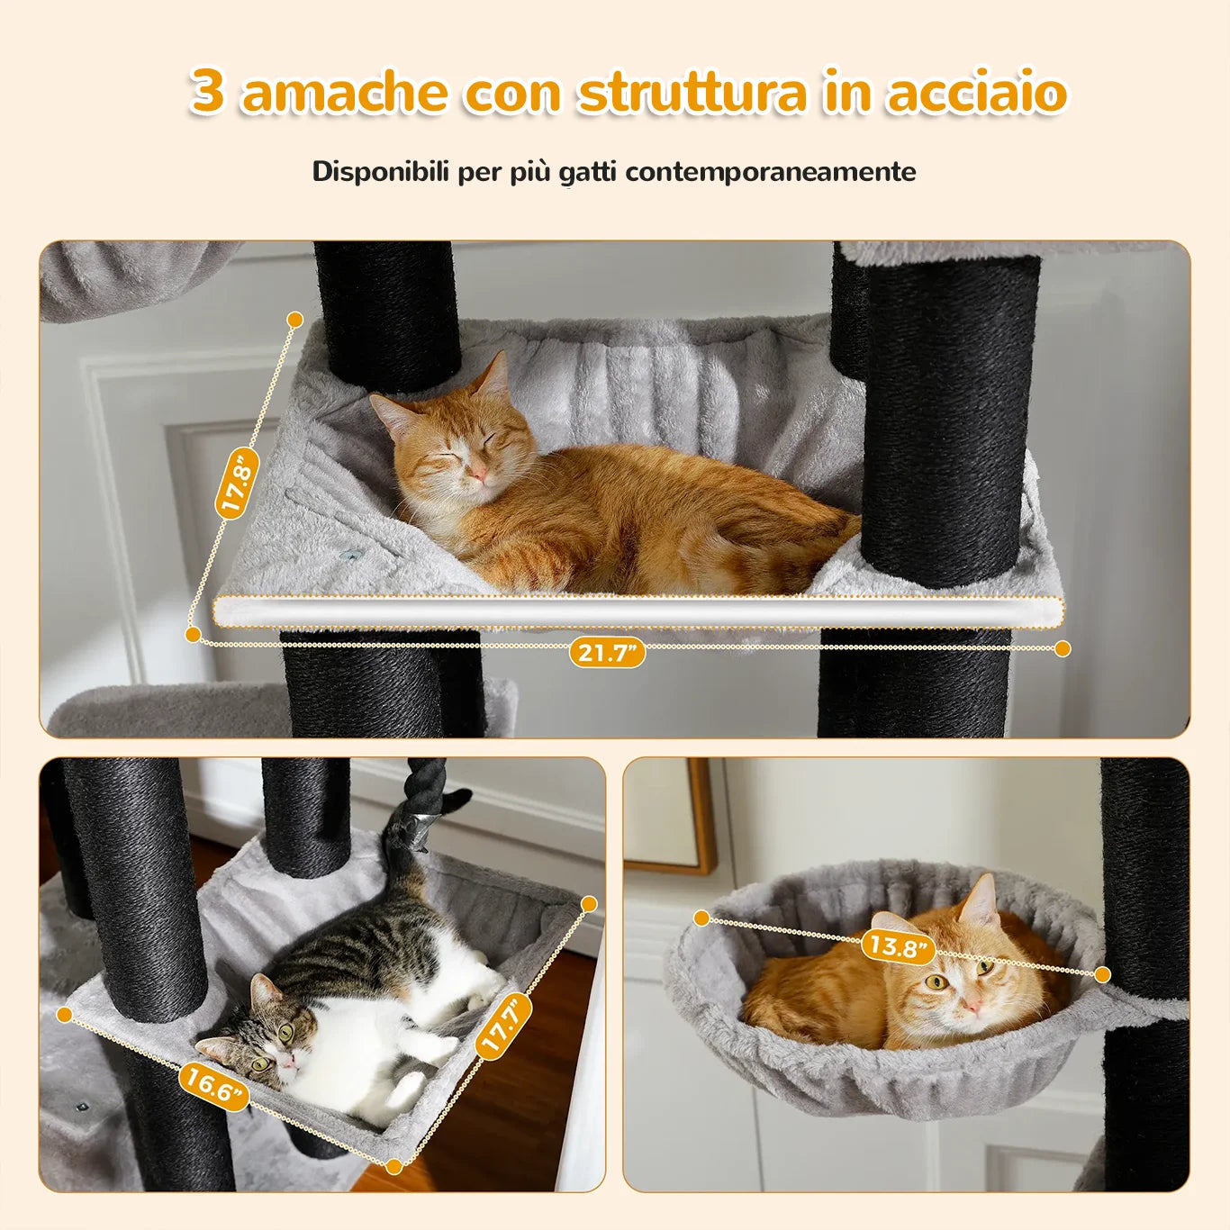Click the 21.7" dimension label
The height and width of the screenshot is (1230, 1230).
click(x=607, y=652)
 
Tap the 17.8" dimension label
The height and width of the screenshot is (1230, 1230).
click(x=237, y=482)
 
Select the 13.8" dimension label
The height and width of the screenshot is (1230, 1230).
click(x=898, y=945)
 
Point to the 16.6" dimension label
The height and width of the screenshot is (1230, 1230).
click(x=213, y=1084)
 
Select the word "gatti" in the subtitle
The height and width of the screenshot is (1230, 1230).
click(x=588, y=172)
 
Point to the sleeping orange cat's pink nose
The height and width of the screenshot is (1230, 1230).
click(x=478, y=474)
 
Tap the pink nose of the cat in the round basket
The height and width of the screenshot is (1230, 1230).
click(x=972, y=1007)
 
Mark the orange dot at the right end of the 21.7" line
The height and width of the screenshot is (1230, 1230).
click(x=1063, y=649)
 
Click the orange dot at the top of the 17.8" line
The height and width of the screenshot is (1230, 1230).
click(x=294, y=320)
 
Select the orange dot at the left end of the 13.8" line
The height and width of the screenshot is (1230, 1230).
click(x=701, y=918)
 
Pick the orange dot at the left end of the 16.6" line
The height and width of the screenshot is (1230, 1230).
click(x=65, y=1015)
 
